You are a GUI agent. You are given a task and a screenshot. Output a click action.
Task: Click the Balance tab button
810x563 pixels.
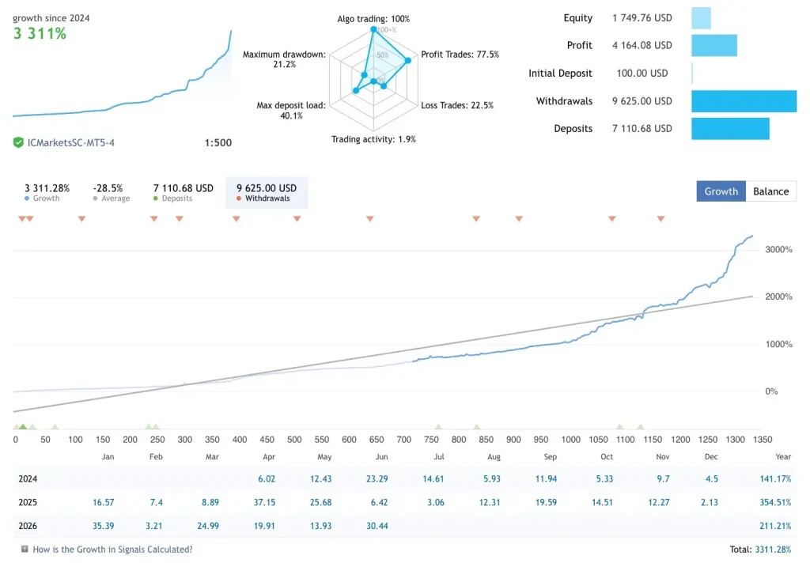coord(770,191)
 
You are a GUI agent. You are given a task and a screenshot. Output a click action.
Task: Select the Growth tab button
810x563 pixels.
coord(721,191)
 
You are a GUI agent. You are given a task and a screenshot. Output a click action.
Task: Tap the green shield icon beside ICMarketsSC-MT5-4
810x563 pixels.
coord(18,142)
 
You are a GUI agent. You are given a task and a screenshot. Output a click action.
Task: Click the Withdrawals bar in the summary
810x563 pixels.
coord(744,101)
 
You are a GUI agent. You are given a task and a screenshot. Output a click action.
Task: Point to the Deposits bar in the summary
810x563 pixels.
coord(730,129)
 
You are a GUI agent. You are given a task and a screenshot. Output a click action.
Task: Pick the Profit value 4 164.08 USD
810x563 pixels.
coord(642,45)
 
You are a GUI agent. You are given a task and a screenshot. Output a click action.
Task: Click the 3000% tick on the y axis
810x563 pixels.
coord(778,250)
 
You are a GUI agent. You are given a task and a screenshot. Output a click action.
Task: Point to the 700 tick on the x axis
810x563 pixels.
coord(404,440)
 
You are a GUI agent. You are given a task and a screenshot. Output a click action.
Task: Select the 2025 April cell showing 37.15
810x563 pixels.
coord(264,502)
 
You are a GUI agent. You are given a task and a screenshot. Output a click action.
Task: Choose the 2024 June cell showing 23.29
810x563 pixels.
coord(377,479)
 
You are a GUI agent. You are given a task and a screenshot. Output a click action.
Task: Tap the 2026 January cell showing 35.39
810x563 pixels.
coord(104,526)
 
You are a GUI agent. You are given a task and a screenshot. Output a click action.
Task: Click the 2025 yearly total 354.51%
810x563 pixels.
coord(775,502)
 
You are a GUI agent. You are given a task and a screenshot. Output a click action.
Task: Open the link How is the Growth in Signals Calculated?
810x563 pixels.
coord(112,550)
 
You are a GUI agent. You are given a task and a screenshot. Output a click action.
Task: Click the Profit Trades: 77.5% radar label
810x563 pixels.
coord(460,55)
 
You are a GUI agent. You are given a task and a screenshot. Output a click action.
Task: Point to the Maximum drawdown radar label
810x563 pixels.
coord(284,59)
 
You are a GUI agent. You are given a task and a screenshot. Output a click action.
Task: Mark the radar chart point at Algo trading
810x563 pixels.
coord(373,29)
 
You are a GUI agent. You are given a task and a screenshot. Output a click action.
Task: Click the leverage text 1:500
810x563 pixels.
coord(218,142)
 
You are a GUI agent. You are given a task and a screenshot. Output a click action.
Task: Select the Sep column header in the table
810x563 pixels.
coord(551,456)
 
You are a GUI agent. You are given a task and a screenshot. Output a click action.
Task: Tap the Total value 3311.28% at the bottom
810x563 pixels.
coord(773,550)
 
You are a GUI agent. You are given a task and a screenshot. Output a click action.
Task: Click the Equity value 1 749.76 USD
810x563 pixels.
coord(642,18)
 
